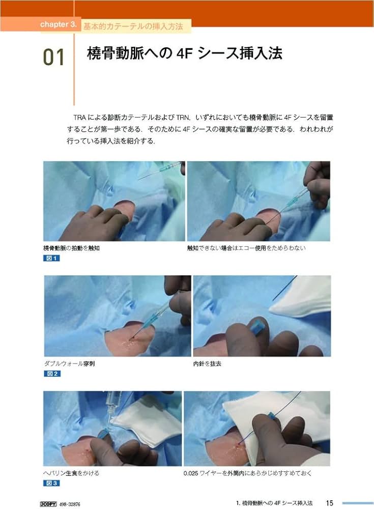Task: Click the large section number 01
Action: (54, 57)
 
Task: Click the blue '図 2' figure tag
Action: (52, 374)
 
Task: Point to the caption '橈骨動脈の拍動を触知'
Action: (74, 248)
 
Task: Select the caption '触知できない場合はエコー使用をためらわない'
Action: (246, 248)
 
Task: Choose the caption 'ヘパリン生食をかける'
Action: (71, 473)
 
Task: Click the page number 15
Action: (330, 502)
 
